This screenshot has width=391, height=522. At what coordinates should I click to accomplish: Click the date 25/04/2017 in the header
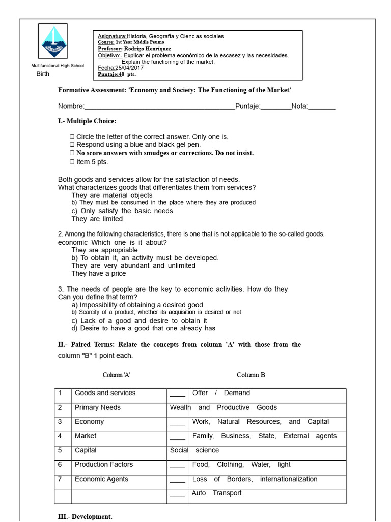(x=130, y=67)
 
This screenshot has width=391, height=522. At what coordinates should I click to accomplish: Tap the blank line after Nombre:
(x=159, y=107)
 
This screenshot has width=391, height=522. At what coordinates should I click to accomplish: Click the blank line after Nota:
(x=322, y=107)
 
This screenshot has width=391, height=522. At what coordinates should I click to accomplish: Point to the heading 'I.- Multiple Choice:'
(x=87, y=121)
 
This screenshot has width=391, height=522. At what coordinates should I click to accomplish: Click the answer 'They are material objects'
(x=111, y=195)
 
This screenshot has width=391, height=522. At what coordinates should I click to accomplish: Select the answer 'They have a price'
(x=98, y=274)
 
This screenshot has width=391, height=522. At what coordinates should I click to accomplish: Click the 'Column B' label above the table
(x=250, y=375)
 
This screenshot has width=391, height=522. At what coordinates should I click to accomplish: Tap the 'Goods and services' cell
(x=105, y=393)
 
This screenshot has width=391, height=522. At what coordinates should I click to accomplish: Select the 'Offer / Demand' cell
(x=221, y=393)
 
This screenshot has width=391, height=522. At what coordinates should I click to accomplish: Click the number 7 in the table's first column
(x=60, y=479)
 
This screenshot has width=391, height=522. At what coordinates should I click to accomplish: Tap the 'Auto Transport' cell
(x=216, y=493)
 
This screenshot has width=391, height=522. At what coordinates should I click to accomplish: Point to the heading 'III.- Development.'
(x=85, y=516)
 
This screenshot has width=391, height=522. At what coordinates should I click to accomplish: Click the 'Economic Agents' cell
(x=101, y=479)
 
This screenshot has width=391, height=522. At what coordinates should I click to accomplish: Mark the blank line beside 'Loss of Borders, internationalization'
(x=177, y=480)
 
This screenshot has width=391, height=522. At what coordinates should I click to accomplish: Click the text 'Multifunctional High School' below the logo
(x=58, y=66)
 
